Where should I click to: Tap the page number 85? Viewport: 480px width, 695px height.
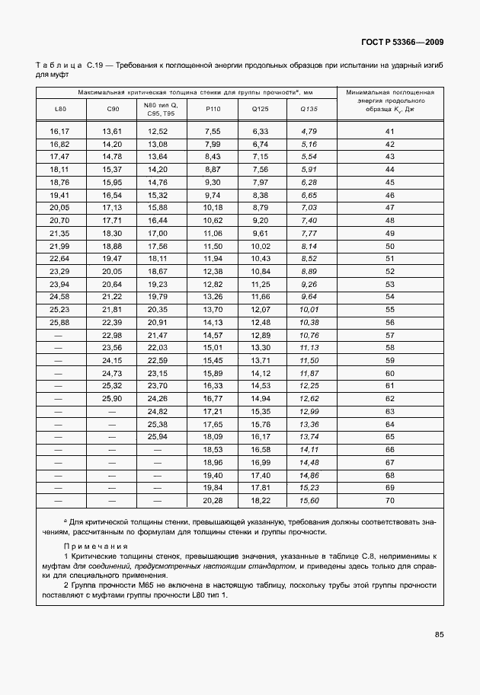[x=439, y=634]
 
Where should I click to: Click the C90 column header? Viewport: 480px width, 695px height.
[x=112, y=109]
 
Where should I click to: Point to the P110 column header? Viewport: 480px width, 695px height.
[x=213, y=109]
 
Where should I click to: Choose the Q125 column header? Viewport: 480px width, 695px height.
[x=260, y=109]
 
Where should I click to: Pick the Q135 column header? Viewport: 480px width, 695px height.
[x=309, y=109]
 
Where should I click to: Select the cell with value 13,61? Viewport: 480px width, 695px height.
[x=112, y=132]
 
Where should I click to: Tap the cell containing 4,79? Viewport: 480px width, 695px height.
[x=309, y=132]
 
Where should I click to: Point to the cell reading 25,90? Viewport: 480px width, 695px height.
[x=112, y=398]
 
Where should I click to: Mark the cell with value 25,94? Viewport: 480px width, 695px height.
[x=157, y=436]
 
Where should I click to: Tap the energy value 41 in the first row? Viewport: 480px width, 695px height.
[x=389, y=132]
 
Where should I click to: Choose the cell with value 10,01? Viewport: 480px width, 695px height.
[x=309, y=310]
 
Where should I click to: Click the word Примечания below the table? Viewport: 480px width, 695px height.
[x=96, y=547]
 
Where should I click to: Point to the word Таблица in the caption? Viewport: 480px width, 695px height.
[x=59, y=67]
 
